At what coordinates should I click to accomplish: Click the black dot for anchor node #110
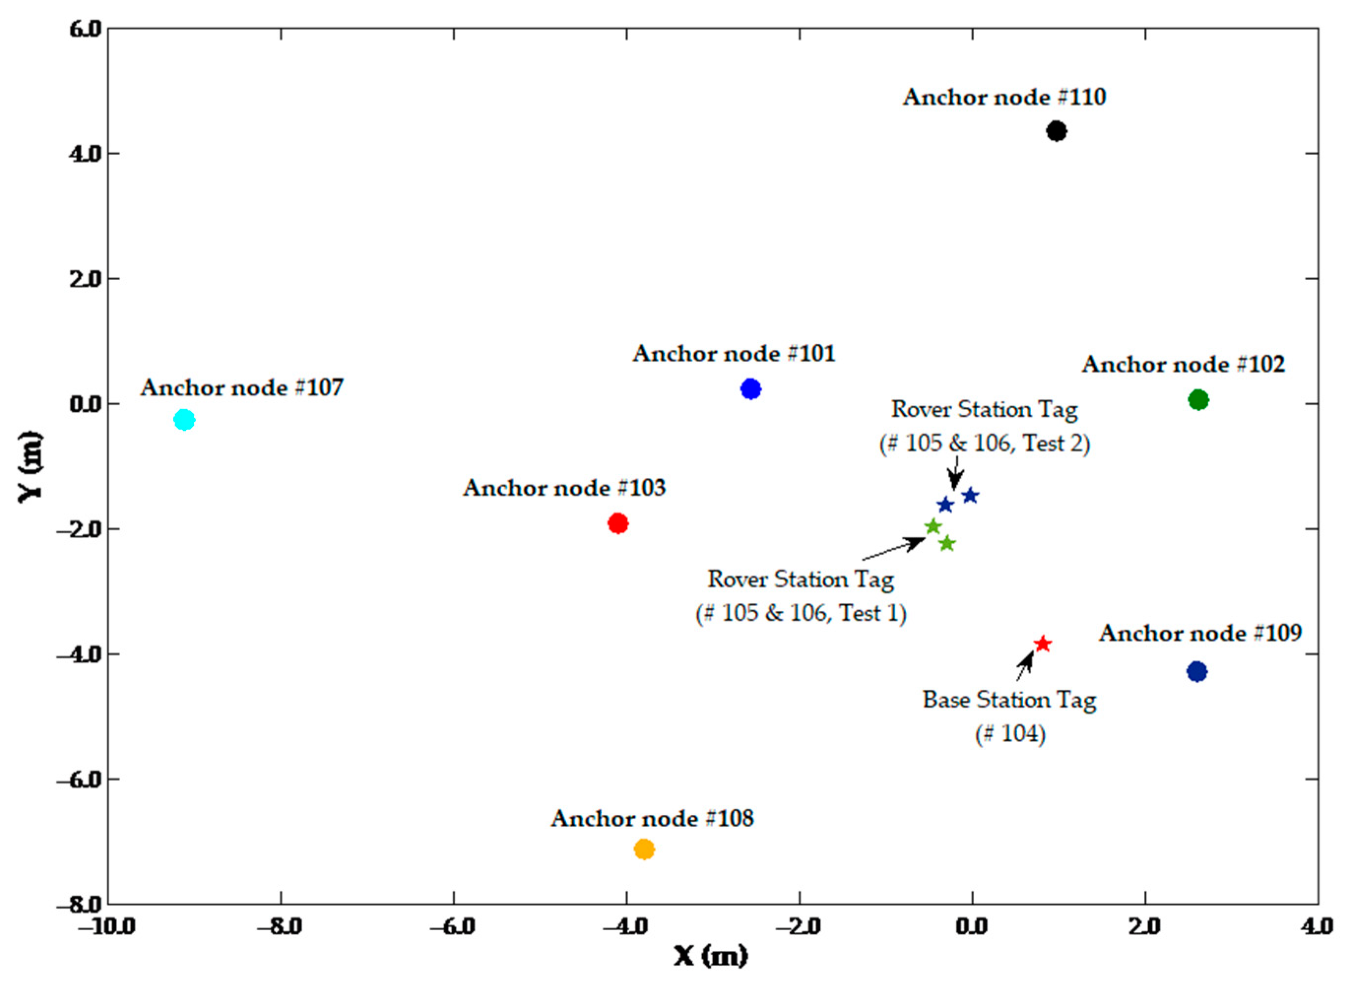pos(1057,131)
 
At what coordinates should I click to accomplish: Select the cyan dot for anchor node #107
pos(185,420)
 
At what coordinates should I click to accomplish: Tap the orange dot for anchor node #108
pos(644,849)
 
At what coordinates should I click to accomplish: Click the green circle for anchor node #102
pos(1198,400)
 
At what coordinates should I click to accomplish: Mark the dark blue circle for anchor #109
pos(1196,672)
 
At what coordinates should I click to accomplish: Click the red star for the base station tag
pos(1043,644)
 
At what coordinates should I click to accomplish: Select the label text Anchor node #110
pos(1004,98)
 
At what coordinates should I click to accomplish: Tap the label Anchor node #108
pos(652,818)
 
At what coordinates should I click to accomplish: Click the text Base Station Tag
pos(1009,700)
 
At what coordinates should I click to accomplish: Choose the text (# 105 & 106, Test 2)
pos(985,444)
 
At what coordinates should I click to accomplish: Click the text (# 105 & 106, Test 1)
pos(801,614)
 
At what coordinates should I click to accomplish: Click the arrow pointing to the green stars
pos(894,549)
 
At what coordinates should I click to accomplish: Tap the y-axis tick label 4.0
pos(87,154)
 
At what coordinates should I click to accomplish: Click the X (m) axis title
pos(711,956)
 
